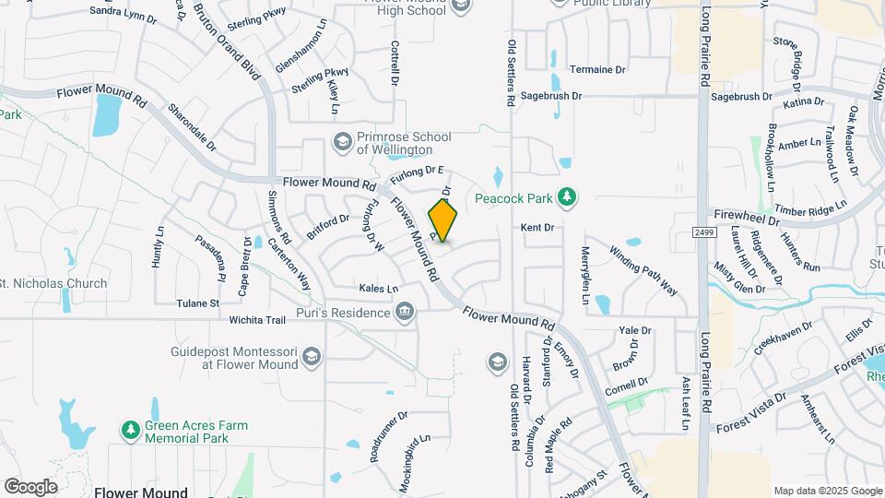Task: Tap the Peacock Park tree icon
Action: (x=570, y=197)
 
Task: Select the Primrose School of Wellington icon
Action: (x=342, y=142)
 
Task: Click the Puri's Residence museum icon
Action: (x=404, y=313)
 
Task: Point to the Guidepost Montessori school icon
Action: (x=312, y=357)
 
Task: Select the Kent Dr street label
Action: (x=537, y=227)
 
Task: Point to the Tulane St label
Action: (x=198, y=302)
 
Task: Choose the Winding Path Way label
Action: (x=643, y=267)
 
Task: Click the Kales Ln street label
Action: (x=378, y=288)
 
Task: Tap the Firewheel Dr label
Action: (x=747, y=221)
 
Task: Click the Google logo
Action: (x=30, y=487)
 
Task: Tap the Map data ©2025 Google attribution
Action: (x=827, y=491)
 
